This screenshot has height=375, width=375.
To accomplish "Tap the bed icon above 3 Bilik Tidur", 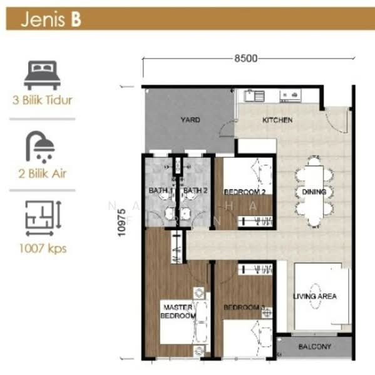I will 41,74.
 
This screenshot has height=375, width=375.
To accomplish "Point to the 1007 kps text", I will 41,249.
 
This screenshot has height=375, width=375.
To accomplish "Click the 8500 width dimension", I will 246,59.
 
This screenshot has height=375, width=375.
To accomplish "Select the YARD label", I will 190,120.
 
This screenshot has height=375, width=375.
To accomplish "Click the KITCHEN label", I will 277,120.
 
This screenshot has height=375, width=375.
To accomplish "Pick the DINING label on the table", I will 311,192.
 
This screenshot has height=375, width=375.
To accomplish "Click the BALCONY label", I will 315,346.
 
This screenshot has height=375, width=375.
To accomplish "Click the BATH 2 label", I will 195,191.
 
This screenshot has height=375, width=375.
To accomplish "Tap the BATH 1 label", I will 160,191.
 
